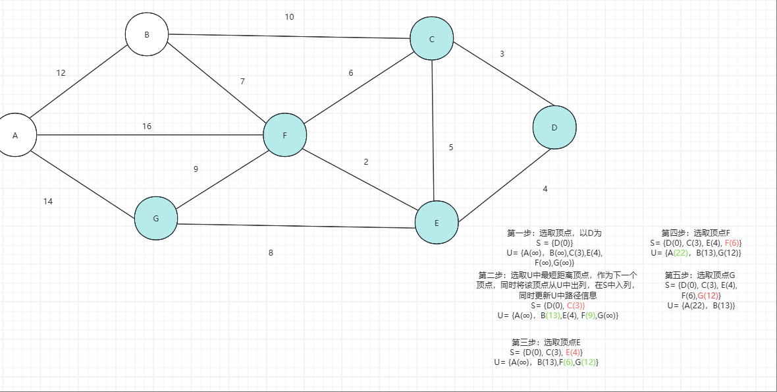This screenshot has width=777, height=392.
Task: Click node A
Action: (15, 135)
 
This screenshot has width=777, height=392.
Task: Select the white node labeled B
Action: (147, 34)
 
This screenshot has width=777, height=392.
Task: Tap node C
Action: (432, 39)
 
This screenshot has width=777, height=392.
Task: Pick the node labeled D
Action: (554, 127)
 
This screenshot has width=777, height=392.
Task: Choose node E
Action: (437, 223)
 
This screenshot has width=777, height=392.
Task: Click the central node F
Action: (284, 135)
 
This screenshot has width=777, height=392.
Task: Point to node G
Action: (155, 219)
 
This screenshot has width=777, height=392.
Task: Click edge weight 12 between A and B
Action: (61, 73)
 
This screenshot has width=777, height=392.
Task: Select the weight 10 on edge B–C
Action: (289, 17)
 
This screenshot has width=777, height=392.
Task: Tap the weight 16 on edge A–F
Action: (147, 126)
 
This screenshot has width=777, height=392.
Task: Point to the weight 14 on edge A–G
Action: (48, 202)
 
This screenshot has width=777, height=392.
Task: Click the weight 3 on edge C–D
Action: (502, 54)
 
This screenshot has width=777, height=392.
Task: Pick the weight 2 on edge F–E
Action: (365, 162)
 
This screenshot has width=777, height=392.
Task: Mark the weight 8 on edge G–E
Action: (271, 252)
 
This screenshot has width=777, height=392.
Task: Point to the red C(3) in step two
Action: (576, 306)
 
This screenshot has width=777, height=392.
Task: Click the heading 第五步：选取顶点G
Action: (699, 275)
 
